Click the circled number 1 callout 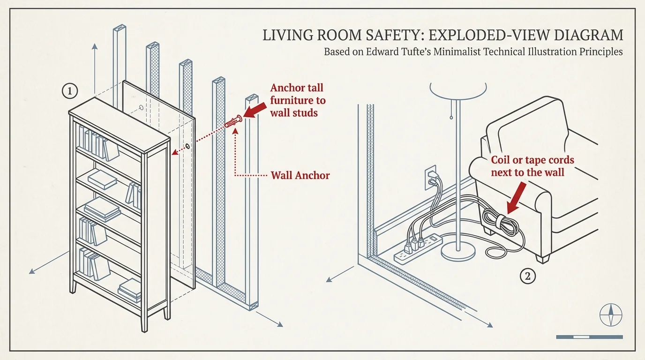click(x=70, y=91)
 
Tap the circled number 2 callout click(x=528, y=277)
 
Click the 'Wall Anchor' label click(x=300, y=176)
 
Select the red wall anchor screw click(x=233, y=122)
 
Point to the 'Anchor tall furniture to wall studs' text click(x=297, y=100)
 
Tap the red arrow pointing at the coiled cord click(x=516, y=197)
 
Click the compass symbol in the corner click(x=611, y=315)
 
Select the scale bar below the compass click(x=589, y=337)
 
